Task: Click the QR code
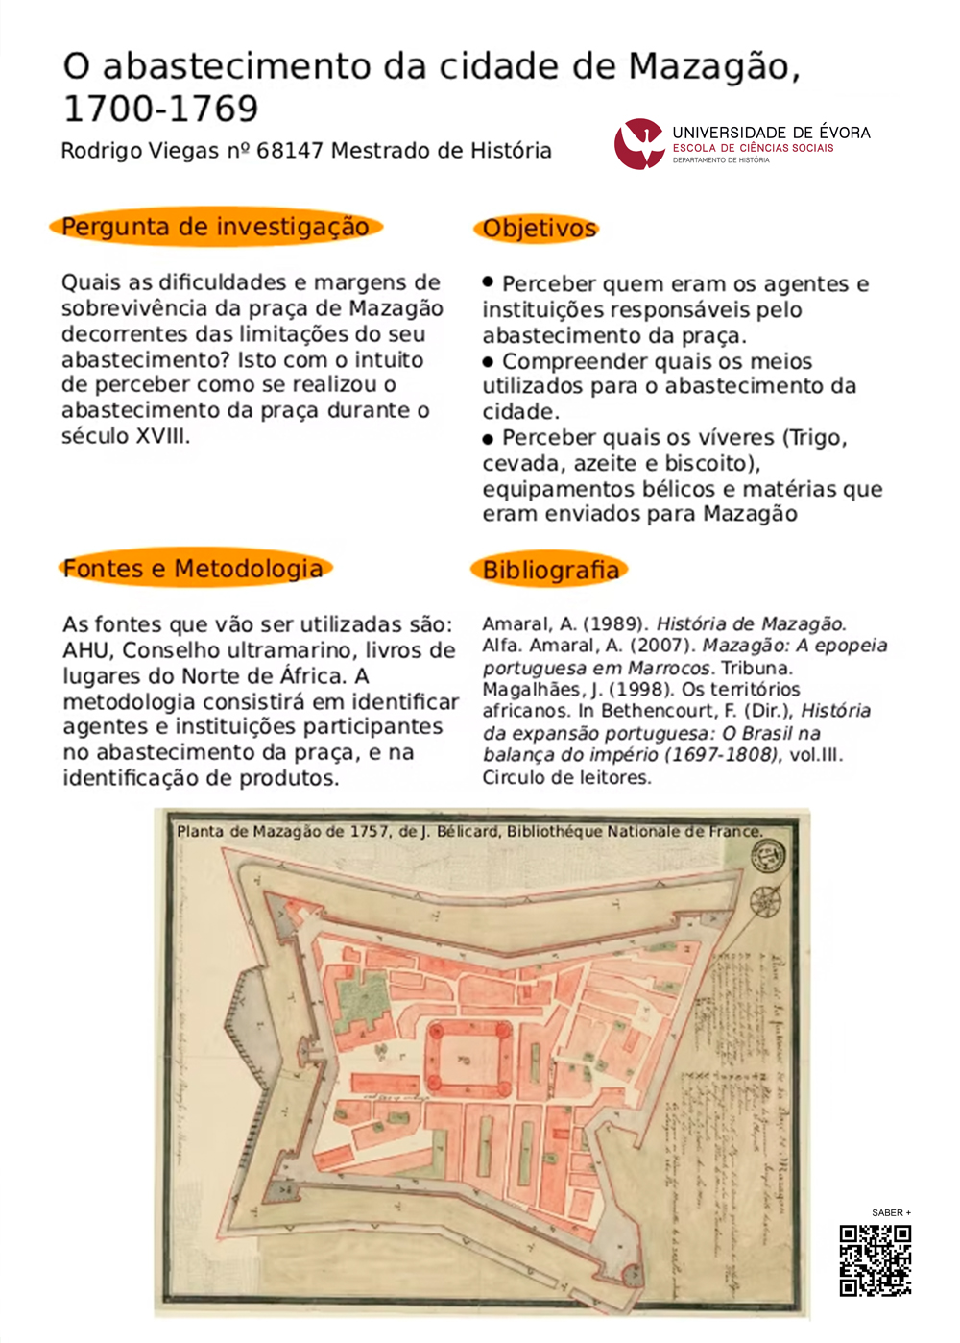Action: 875,1259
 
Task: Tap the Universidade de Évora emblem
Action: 639,143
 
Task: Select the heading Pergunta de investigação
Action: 215,227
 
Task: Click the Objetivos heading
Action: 539,229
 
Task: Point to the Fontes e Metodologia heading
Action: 193,569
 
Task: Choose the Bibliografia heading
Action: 550,570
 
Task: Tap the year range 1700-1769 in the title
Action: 160,109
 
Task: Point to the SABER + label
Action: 891,1212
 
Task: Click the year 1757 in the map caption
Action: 370,831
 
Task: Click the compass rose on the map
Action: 765,901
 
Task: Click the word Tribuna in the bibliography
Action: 756,668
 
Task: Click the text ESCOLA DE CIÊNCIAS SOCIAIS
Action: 753,148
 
